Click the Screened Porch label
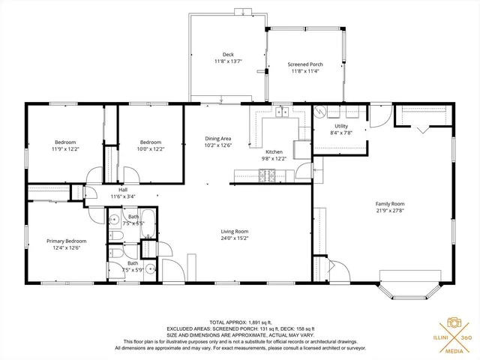tap(305, 65)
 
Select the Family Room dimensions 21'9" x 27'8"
tap(389, 211)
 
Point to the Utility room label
tap(341, 126)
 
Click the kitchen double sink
tap(282, 113)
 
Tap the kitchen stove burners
tap(268, 176)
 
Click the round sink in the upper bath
tap(112, 220)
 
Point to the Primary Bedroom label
tap(66, 241)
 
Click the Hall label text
tap(121, 190)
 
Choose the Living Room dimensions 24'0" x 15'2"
tap(234, 238)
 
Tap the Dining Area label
tap(217, 139)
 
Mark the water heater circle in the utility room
tap(320, 112)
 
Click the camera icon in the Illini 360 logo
tap(454, 322)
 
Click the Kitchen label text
tap(274, 152)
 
